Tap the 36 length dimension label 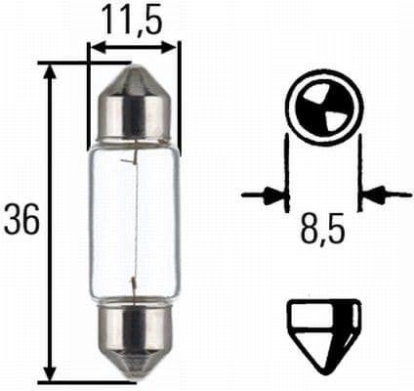click(21, 221)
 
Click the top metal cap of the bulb click(133, 108)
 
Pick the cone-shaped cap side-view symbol click(323, 332)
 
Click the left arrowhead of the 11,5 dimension click(94, 46)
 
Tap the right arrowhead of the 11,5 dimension click(172, 46)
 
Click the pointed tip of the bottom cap click(133, 376)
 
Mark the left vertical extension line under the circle click(286, 171)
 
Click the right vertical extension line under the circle click(359, 171)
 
